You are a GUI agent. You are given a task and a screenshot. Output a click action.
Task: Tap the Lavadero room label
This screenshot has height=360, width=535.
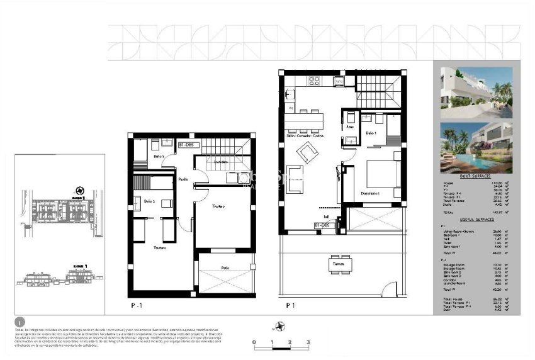point(220,162)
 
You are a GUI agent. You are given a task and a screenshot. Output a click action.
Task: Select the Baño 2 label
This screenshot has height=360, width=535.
point(149,201)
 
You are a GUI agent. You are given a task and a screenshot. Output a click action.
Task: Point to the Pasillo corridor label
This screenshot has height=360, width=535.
point(183,179)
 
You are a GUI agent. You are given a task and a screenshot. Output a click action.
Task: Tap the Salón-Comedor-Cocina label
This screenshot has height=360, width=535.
point(305,136)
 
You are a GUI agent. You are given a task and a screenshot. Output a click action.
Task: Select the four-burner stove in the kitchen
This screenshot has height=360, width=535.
point(314,81)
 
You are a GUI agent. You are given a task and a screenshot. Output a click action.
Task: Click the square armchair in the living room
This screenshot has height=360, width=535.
point(307,152)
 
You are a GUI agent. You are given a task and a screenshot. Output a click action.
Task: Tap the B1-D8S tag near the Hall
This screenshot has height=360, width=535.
point(323,225)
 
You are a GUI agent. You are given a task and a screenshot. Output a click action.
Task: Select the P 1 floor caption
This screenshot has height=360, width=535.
point(291,305)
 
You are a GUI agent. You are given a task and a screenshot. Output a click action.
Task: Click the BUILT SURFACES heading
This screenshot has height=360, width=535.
point(476,177)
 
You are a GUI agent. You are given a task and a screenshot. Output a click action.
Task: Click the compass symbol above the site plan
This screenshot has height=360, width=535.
point(79,189)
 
